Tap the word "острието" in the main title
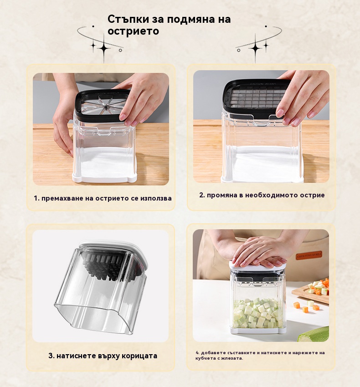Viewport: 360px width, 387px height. click(x=133, y=31)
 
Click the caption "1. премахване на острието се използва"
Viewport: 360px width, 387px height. click(x=103, y=198)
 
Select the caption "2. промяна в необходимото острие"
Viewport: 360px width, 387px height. click(x=262, y=195)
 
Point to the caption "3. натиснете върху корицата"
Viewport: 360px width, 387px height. click(x=103, y=356)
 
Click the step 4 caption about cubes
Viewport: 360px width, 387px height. click(x=260, y=356)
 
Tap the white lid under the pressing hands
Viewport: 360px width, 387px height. click(x=257, y=266)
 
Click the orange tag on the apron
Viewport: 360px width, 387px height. click(x=309, y=255)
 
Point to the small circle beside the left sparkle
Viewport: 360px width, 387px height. click(x=120, y=50)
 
